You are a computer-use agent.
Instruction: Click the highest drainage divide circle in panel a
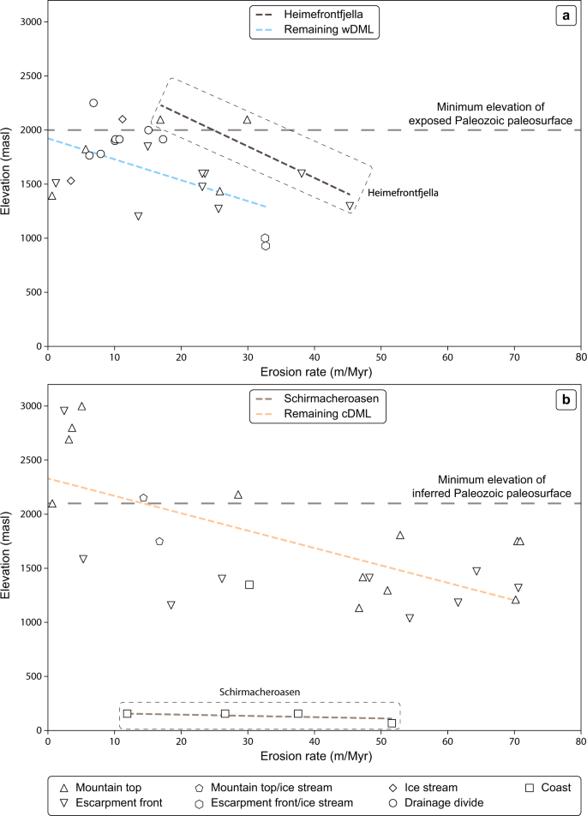pos(93,103)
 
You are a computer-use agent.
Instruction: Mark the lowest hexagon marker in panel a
pos(266,246)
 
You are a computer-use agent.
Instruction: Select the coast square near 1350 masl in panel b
pos(249,585)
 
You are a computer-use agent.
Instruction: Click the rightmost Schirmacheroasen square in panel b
pos(392,723)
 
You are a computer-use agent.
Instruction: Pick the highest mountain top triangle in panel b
pos(82,406)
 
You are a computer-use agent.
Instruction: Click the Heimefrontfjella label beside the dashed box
pos(404,194)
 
